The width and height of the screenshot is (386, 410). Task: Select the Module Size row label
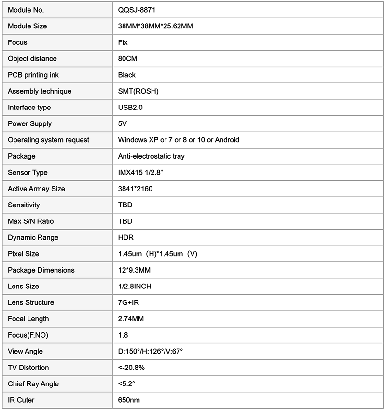coord(28,26)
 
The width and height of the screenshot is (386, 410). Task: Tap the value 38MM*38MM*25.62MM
coord(155,26)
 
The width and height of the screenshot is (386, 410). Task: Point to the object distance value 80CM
coord(128,58)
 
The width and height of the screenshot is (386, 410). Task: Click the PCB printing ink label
coord(33,75)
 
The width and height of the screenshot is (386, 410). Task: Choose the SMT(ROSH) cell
coord(138,91)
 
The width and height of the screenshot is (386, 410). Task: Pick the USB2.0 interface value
coord(130,108)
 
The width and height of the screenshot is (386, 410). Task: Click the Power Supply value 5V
coord(123,123)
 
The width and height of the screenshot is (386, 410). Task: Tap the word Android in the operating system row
coord(227,140)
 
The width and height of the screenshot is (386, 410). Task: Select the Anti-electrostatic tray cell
coord(151,156)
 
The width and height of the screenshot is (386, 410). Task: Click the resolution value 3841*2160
coord(135,189)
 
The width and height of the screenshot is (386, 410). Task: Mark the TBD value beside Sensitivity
coord(125,205)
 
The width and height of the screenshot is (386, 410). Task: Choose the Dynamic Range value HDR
coord(126,237)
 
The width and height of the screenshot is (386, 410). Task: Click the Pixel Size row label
coord(23,254)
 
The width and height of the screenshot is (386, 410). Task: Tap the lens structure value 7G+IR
coord(128,302)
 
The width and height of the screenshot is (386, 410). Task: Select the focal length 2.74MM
coord(131,319)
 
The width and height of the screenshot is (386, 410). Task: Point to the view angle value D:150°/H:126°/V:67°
coord(151,351)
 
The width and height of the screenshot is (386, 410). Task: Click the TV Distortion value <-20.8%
coord(131,368)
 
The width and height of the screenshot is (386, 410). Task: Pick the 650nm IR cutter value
coord(129,400)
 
